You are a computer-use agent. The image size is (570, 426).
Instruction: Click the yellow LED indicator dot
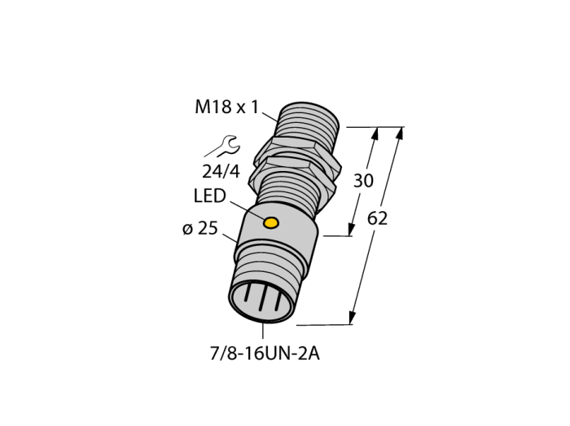[271, 222]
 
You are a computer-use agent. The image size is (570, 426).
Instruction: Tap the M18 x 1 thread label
[227, 108]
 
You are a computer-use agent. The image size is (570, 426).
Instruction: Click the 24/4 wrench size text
[221, 172]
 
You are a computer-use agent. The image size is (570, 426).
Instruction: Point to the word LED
[210, 196]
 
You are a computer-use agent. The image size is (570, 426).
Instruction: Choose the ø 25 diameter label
[200, 229]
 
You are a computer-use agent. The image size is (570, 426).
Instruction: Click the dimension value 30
[363, 181]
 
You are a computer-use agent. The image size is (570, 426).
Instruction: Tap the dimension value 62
[377, 219]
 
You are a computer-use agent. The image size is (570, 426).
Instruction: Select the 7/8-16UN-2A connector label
[265, 354]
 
